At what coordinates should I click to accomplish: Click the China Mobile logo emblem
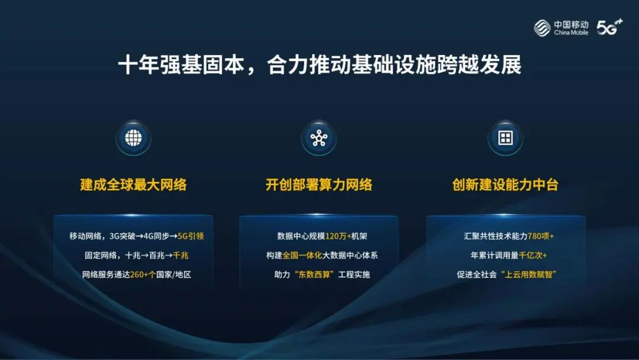542,28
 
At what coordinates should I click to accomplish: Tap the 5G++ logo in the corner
609,27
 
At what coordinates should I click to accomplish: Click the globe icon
133,138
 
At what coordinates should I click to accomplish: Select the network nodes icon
319,138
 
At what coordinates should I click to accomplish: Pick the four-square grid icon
505,138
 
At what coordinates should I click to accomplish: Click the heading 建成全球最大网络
133,185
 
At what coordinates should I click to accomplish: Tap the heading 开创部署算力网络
319,185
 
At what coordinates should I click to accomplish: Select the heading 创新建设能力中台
505,185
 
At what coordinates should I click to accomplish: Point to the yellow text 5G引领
191,236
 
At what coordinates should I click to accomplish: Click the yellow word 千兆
180,255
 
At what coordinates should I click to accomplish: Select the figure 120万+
338,236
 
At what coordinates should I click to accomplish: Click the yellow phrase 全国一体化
302,255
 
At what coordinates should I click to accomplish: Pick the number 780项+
541,236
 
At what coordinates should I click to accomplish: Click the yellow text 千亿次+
533,255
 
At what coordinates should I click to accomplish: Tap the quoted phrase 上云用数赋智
528,275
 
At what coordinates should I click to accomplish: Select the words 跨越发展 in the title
479,65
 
